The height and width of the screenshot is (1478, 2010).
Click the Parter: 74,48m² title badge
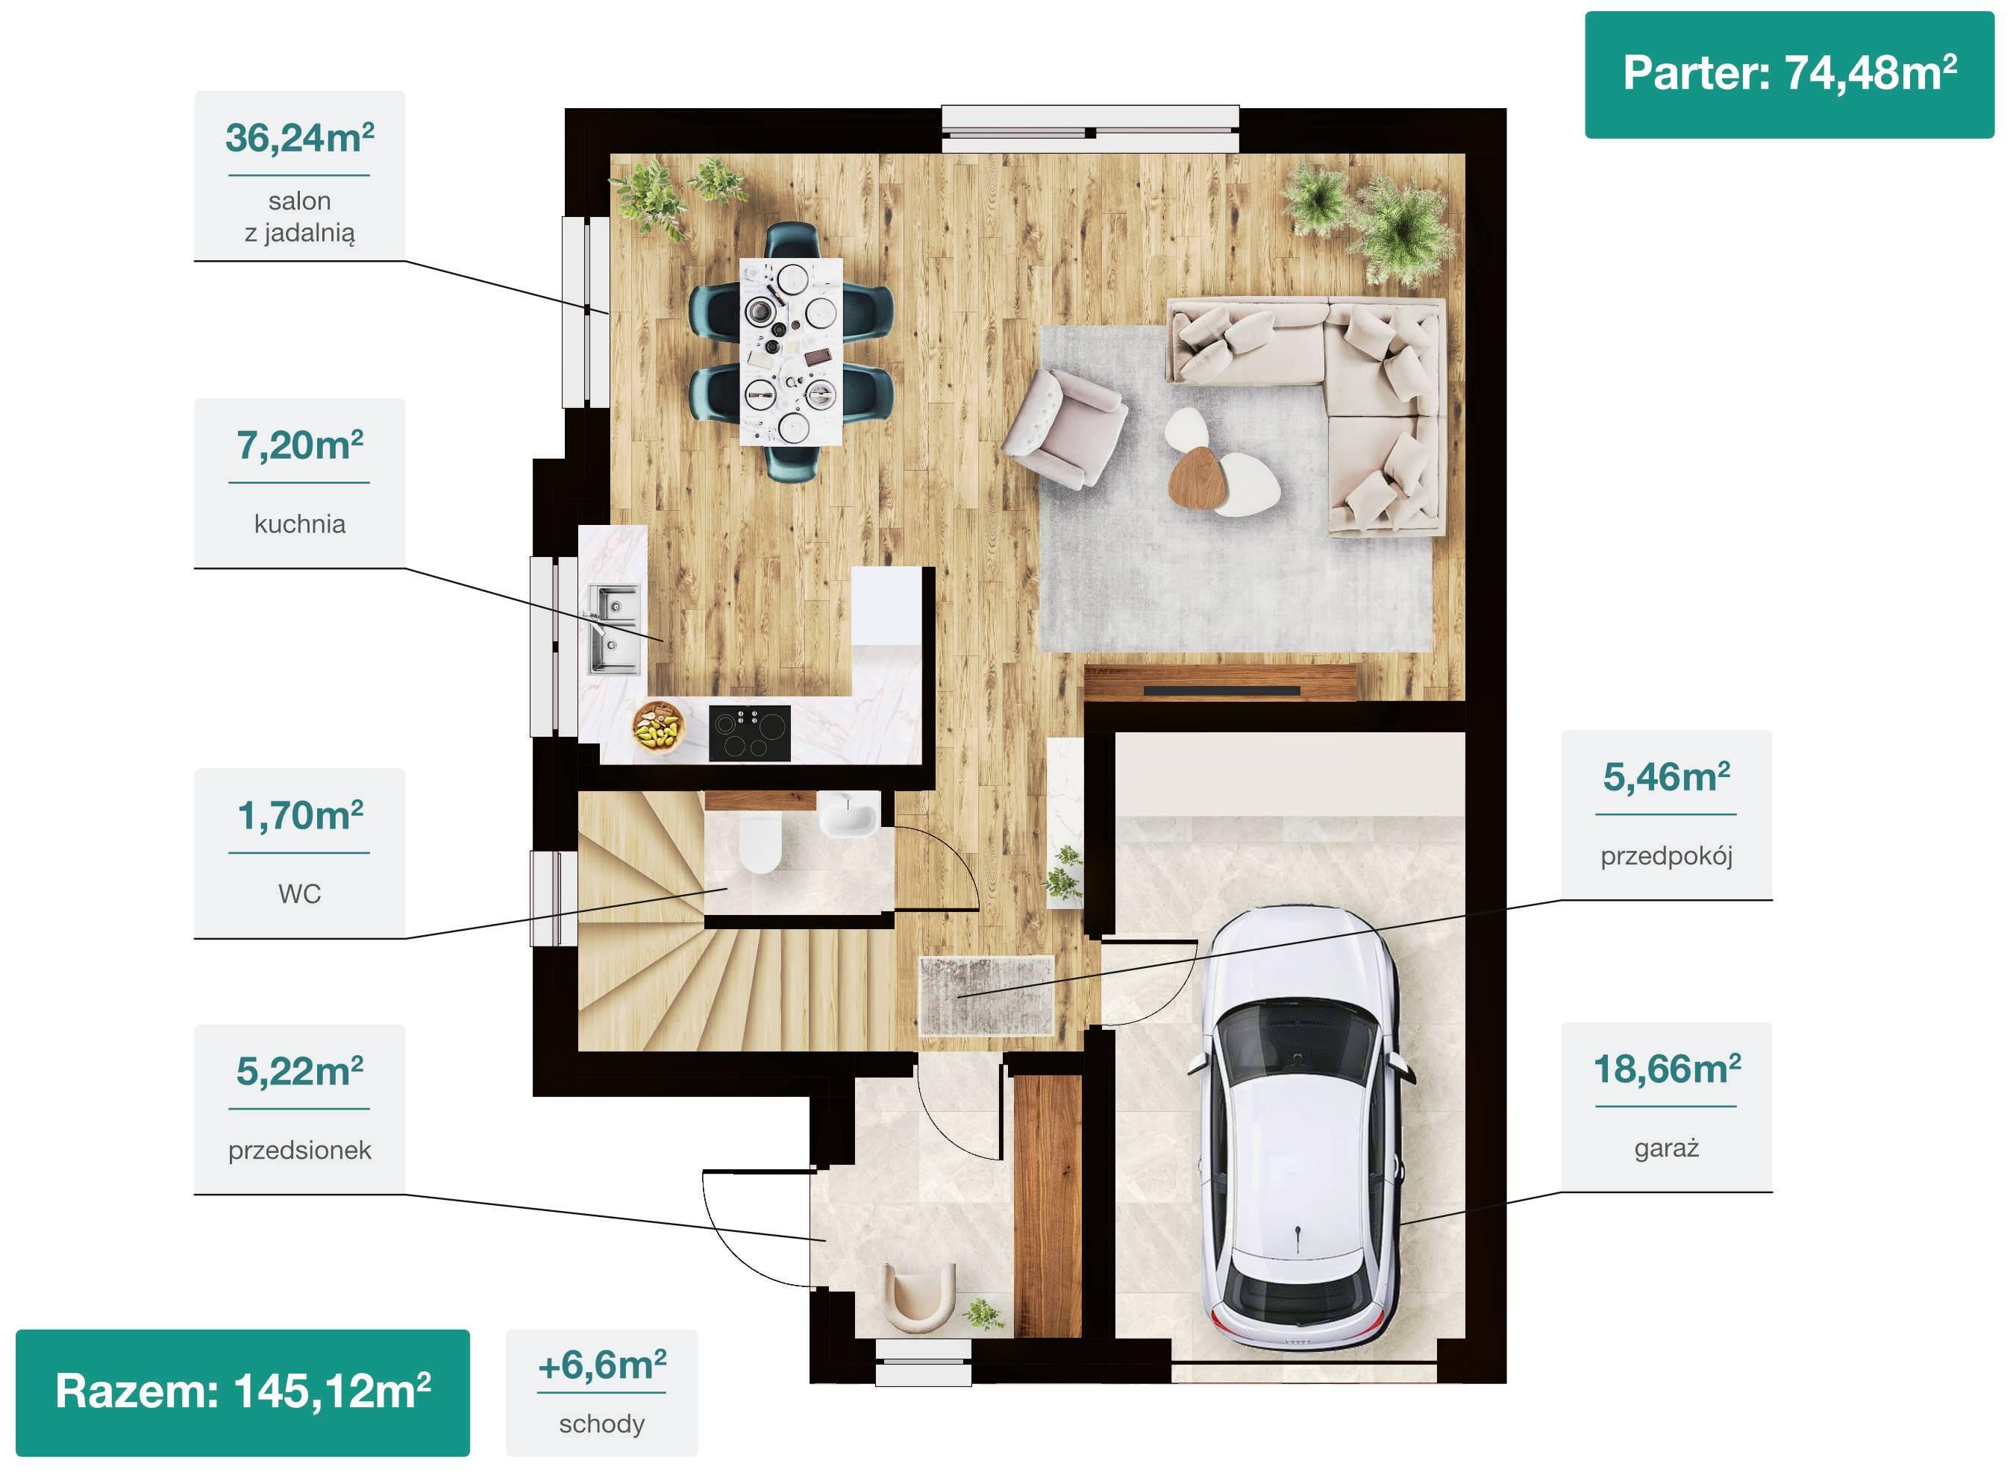1789,75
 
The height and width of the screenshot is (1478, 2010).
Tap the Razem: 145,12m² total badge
242,1392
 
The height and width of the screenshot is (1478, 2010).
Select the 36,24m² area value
300,138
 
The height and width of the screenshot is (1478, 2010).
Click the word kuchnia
300,523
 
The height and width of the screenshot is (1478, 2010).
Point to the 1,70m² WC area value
300,815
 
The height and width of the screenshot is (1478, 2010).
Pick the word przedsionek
300,1150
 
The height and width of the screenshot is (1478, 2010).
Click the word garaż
1666,1148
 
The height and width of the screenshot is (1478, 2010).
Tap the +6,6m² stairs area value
602,1365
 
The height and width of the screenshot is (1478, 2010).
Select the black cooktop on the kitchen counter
750,734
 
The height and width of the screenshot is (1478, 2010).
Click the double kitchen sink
614,629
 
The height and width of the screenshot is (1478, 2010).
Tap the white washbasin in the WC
848,814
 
